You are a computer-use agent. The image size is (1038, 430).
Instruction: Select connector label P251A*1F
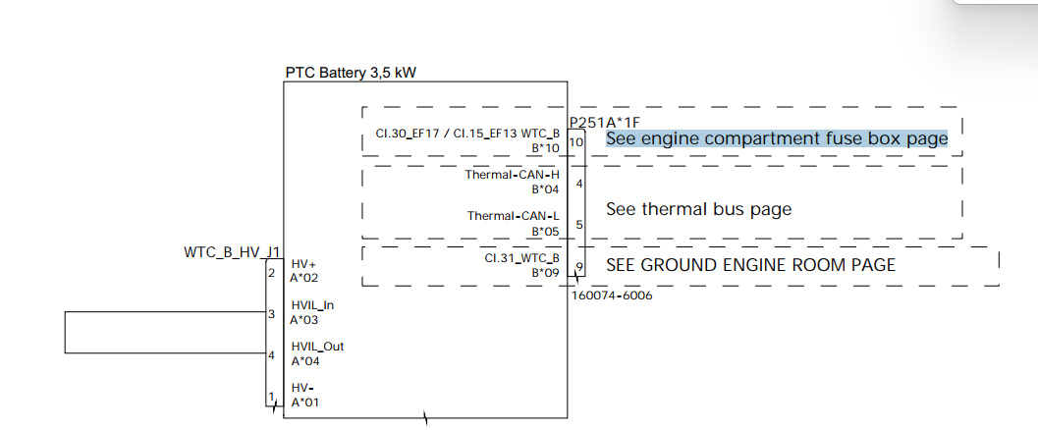point(605,122)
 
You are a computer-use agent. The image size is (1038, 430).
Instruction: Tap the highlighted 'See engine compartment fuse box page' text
point(776,138)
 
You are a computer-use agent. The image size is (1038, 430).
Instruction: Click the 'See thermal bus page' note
point(698,209)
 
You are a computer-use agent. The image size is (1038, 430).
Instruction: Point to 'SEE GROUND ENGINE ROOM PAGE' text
point(750,265)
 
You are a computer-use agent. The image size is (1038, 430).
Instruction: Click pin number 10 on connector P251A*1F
point(576,142)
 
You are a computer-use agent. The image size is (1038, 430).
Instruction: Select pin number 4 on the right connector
point(579,184)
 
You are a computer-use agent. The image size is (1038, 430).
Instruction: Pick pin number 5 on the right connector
point(579,225)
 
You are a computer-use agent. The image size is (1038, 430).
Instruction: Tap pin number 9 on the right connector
point(579,267)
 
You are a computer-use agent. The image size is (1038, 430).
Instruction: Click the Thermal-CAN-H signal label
point(512,175)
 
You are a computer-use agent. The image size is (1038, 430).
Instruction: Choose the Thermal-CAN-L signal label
point(513,216)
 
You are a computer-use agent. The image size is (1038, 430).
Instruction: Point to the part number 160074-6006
point(611,296)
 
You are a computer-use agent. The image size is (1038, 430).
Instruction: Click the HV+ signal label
point(303,264)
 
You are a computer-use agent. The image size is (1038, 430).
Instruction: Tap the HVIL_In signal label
point(311,305)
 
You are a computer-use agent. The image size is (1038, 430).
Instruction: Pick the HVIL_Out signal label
point(317,347)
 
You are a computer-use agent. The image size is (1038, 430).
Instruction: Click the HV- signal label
point(302,388)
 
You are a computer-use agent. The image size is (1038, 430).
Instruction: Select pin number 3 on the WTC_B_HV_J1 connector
point(270,314)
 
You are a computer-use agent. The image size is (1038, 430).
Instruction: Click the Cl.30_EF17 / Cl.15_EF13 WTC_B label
point(467,134)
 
